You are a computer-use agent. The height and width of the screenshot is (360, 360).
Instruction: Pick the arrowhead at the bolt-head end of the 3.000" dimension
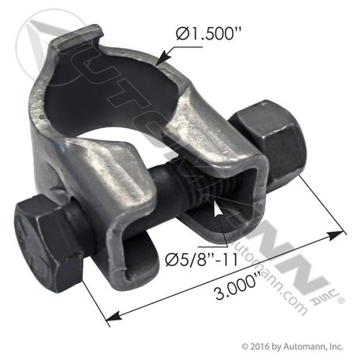pos(114,317)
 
